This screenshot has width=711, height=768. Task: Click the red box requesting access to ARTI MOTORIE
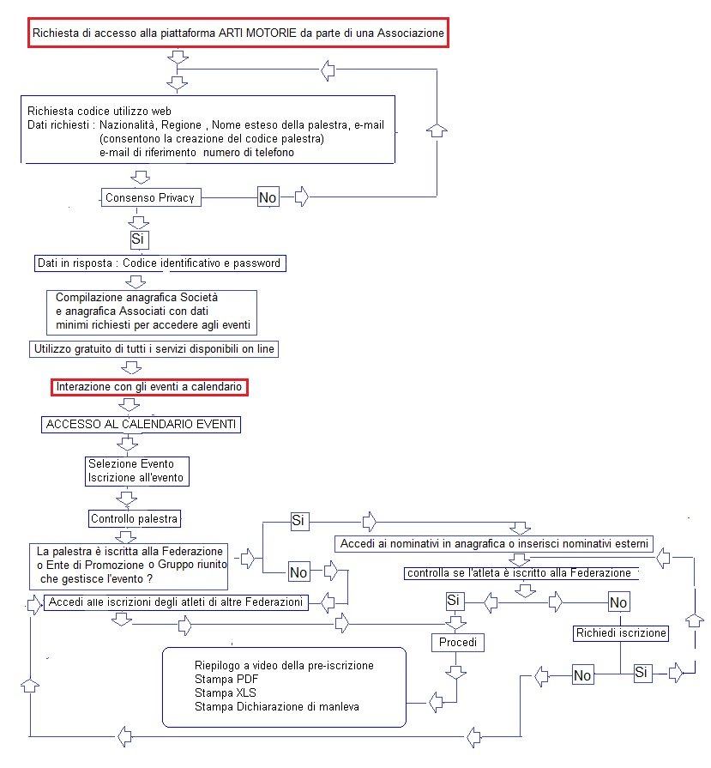tap(238, 34)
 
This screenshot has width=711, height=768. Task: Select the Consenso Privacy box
tap(151, 197)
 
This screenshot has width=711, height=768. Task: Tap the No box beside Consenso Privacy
tap(268, 197)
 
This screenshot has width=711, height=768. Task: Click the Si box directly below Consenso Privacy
tap(137, 238)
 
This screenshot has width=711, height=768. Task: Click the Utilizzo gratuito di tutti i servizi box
tap(153, 349)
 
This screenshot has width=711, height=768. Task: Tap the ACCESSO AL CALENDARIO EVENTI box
tap(142, 425)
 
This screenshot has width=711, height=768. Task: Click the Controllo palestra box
tap(136, 518)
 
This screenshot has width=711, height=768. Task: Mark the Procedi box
tap(456, 642)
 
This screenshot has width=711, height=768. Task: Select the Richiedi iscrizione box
tap(621, 632)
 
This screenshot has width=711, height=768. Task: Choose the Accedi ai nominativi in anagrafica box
tap(495, 544)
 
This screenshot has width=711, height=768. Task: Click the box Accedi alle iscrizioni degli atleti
tap(177, 602)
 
